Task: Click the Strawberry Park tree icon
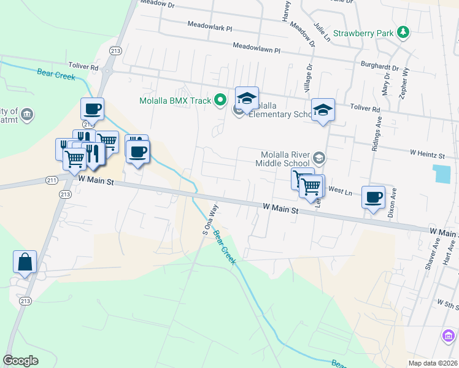point(403,32)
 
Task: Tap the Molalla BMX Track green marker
point(219,101)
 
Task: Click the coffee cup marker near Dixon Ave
point(373,197)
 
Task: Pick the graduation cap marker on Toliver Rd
point(323,110)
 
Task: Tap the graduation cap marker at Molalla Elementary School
point(247,98)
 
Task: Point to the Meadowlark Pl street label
point(210,28)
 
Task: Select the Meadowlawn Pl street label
point(256,47)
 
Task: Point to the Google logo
point(21,361)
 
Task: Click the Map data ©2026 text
point(433,362)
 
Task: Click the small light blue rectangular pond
point(441,173)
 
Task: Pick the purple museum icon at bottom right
point(449,336)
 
